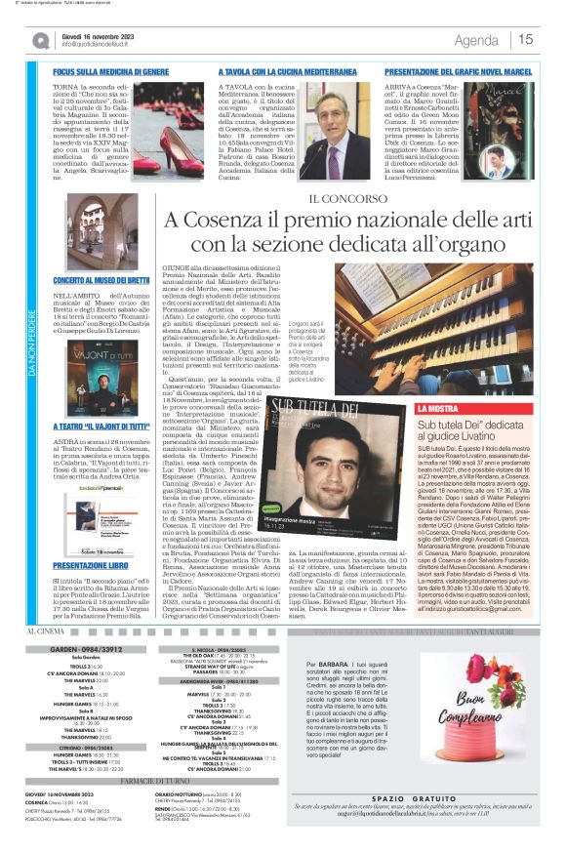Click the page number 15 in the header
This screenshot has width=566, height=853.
click(x=524, y=39)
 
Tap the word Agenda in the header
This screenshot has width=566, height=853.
click(x=476, y=40)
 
